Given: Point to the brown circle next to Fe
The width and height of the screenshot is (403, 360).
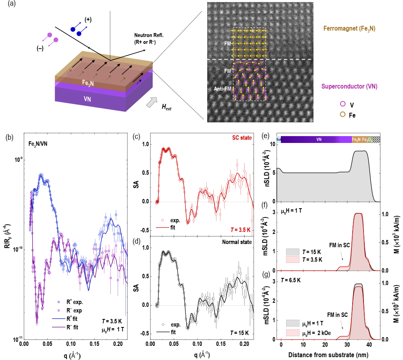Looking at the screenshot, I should (343, 114).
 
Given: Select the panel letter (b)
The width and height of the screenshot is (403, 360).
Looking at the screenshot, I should (9, 137).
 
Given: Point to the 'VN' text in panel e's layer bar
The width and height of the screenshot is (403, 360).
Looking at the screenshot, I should (319, 140).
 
